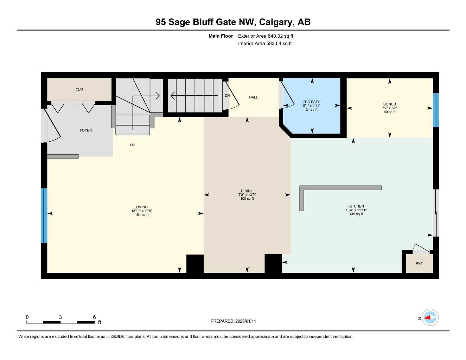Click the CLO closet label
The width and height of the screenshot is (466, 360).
click(79, 89)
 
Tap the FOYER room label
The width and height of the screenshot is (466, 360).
click(86, 130)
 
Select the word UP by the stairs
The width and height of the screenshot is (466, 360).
click(133, 145)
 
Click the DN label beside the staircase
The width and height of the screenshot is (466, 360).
click(227, 96)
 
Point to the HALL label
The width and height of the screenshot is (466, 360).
click(253, 97)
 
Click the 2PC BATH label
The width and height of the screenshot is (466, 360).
click(312, 102)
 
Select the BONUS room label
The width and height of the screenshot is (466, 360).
click(389, 104)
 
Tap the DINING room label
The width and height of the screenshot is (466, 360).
click(247, 191)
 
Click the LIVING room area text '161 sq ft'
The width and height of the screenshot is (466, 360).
click(142, 215)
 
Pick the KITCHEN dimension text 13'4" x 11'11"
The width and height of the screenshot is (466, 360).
click(356, 210)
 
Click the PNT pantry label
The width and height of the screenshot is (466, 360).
click(419, 263)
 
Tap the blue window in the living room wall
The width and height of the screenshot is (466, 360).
click(44, 216)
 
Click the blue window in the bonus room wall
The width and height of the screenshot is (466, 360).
click(436, 110)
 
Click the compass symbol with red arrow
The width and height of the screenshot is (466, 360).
click(430, 318)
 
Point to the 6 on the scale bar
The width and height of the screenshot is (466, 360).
click(94, 317)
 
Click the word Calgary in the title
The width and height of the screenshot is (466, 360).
click(276, 22)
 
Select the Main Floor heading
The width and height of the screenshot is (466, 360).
click(221, 36)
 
